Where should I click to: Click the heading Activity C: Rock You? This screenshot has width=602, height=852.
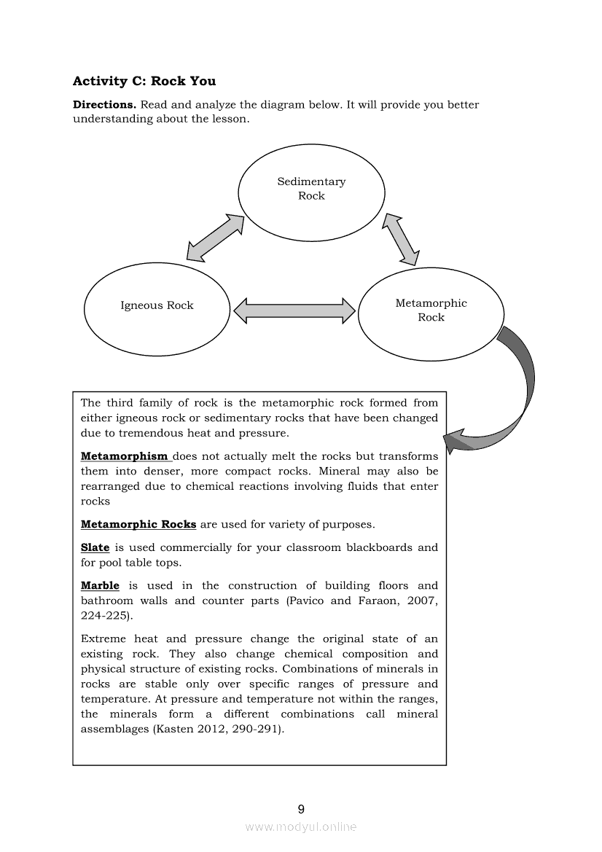(x=144, y=81)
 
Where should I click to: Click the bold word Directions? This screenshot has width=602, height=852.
(x=104, y=105)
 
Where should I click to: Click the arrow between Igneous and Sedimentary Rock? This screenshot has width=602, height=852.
(x=215, y=237)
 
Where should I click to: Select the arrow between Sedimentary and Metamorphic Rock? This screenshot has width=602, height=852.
(x=402, y=239)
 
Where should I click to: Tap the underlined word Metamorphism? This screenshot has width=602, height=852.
(x=125, y=456)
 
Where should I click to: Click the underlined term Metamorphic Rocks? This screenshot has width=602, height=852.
(x=138, y=524)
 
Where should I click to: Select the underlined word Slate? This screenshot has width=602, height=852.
(x=95, y=547)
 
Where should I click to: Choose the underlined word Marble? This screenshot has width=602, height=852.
(x=100, y=585)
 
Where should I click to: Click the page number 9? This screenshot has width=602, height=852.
(x=301, y=809)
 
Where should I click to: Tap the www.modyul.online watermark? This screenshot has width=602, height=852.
(x=301, y=826)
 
